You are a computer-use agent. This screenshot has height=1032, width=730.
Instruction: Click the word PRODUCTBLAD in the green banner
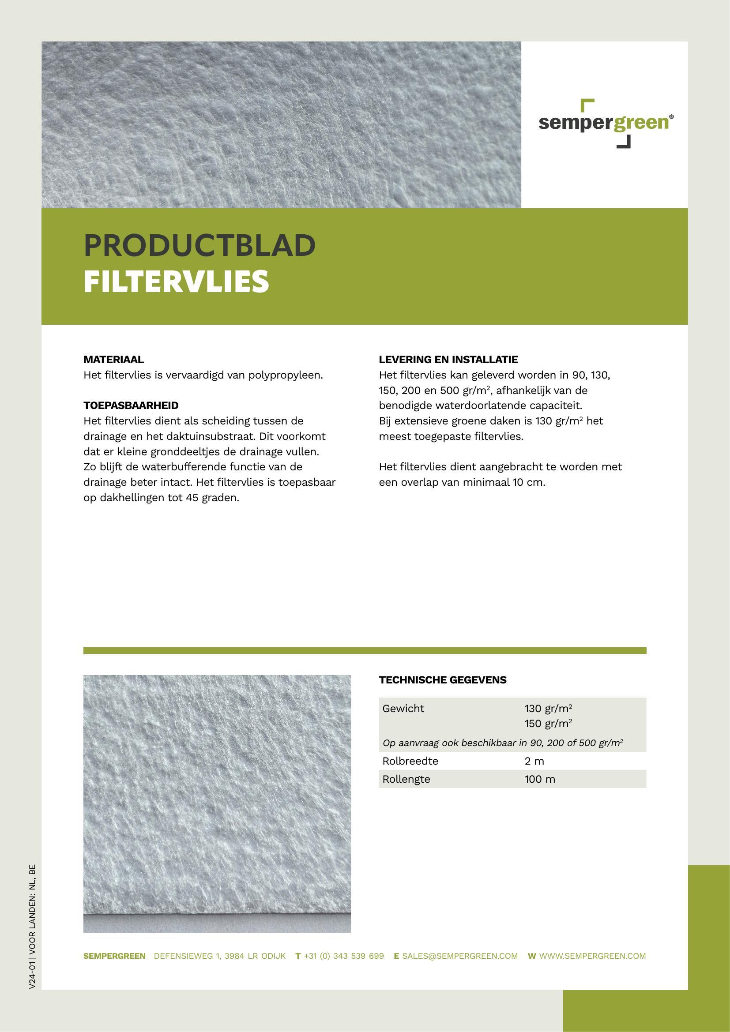(x=199, y=245)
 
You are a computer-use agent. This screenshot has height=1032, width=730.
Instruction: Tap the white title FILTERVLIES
(x=176, y=281)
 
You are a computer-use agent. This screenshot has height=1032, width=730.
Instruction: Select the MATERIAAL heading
(x=114, y=360)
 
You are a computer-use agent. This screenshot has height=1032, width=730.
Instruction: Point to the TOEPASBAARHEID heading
(x=131, y=405)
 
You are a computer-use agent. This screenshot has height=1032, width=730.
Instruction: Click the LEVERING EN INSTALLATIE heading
(x=448, y=360)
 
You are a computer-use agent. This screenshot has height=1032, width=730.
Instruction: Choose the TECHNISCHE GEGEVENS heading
(x=442, y=680)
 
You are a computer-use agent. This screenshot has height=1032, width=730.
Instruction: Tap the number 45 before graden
(x=192, y=498)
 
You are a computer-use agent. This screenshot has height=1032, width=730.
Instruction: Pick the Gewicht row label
(x=403, y=709)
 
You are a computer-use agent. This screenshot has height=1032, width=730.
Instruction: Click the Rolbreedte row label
(x=410, y=761)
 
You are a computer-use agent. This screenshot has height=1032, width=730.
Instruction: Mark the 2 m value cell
(x=534, y=761)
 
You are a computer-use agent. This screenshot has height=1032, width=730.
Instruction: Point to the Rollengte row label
(x=406, y=779)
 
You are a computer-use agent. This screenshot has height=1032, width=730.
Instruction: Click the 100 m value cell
(x=539, y=779)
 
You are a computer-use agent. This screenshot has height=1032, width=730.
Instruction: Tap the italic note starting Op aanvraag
(x=503, y=743)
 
